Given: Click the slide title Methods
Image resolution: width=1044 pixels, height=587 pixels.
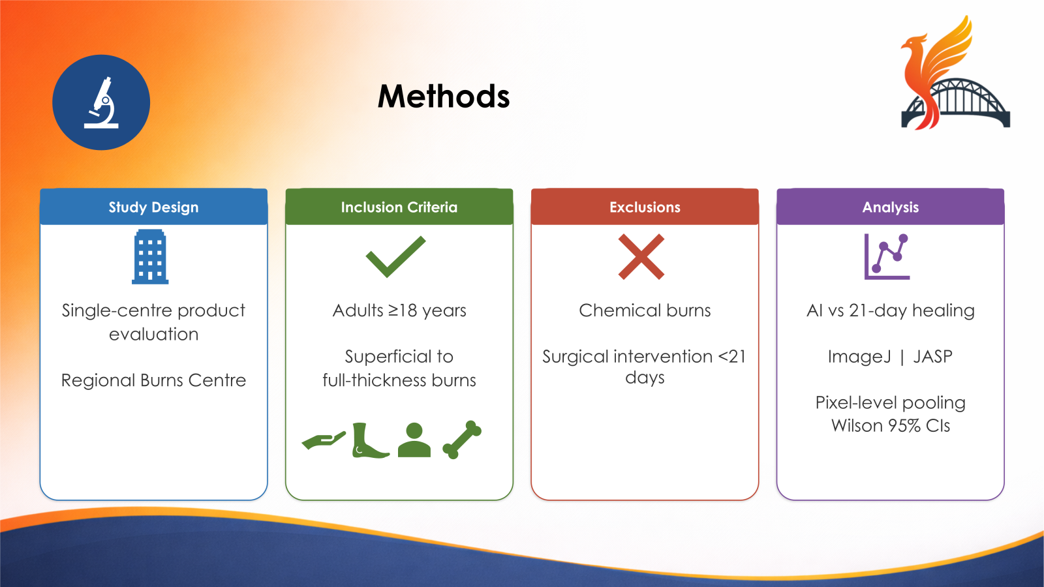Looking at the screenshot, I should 444,97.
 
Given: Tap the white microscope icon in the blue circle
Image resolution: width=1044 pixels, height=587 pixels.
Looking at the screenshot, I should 102,103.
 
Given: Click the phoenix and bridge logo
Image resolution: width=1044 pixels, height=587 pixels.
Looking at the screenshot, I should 954,75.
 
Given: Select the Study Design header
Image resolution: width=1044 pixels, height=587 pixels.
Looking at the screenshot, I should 153,207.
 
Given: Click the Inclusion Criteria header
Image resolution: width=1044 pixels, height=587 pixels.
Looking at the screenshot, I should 399,207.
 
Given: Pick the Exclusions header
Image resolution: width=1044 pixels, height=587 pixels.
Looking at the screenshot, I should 645,207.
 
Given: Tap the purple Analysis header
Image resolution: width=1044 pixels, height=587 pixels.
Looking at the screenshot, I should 890,207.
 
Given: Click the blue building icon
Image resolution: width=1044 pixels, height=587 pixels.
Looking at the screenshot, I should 150,257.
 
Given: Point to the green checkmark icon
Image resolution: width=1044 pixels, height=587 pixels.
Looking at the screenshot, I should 395,256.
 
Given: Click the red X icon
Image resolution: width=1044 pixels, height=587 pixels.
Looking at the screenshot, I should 641,257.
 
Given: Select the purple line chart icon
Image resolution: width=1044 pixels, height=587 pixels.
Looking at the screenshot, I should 887,257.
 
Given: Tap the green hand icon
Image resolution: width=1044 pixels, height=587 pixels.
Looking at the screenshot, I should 324,441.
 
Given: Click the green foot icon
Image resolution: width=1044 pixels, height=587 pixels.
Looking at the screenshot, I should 369,441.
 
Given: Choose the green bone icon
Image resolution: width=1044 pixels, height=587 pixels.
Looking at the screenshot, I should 462,440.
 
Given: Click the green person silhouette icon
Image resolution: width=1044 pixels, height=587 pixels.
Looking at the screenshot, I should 414,440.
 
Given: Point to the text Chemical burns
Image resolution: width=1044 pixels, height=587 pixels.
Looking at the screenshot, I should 645,310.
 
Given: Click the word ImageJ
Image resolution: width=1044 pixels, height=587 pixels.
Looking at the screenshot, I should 859,357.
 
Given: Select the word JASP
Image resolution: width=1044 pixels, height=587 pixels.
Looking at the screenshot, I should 932,357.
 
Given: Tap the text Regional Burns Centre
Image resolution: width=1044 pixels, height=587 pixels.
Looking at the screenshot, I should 153,380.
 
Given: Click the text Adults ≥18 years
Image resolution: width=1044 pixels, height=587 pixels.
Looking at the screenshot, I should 399,310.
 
